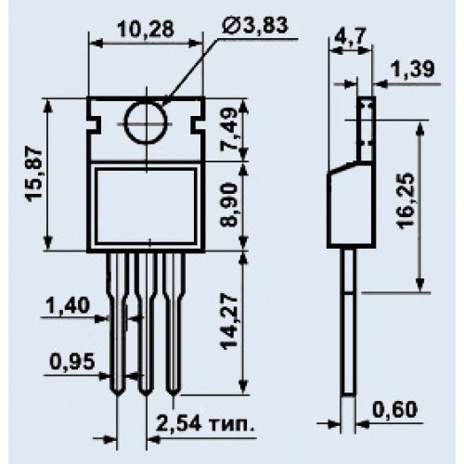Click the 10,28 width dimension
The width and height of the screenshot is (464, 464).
pos(146,31)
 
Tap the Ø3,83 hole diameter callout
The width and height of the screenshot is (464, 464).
pos(254,25)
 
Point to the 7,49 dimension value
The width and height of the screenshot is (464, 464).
pos(229,130)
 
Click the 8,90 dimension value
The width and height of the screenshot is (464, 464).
pos(229,205)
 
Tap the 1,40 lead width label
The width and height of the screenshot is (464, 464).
pos(68,305)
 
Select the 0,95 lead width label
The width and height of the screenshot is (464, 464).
pos(71,361)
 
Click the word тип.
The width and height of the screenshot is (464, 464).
pos(232,425)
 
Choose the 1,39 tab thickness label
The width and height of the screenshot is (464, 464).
pos(412,70)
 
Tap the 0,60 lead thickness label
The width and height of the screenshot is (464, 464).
pos(395,409)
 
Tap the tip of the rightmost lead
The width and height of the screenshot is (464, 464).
pos(174,394)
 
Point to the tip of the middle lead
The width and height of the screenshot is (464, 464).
pos(146,394)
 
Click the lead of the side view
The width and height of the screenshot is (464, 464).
pos(349,322)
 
